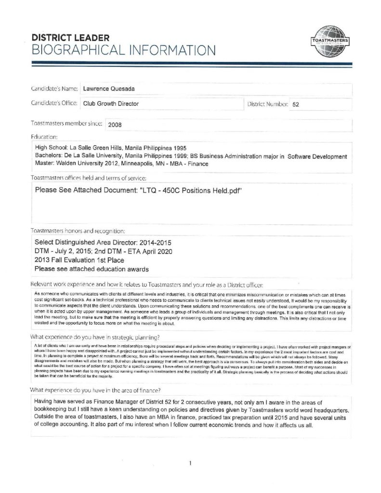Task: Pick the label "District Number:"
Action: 268,104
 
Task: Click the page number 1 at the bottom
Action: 191,463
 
